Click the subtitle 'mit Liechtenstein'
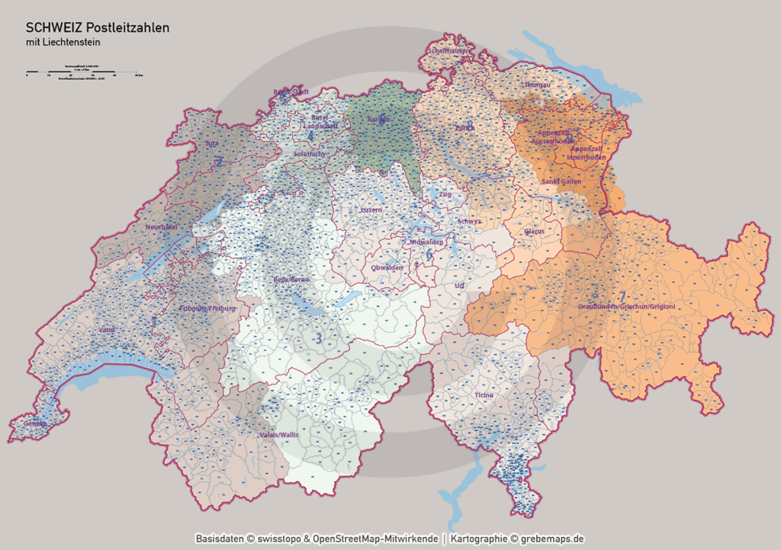click(x=63, y=43)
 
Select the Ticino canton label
click(x=484, y=395)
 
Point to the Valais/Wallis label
click(x=279, y=434)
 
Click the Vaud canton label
click(x=108, y=331)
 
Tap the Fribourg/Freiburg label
click(x=207, y=309)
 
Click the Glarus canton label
click(x=534, y=230)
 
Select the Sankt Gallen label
click(x=561, y=182)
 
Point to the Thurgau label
click(x=536, y=85)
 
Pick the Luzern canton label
click(x=371, y=209)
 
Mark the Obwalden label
click(x=387, y=267)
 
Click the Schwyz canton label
click(x=469, y=222)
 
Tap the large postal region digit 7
click(x=622, y=296)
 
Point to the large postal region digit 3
click(x=320, y=337)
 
